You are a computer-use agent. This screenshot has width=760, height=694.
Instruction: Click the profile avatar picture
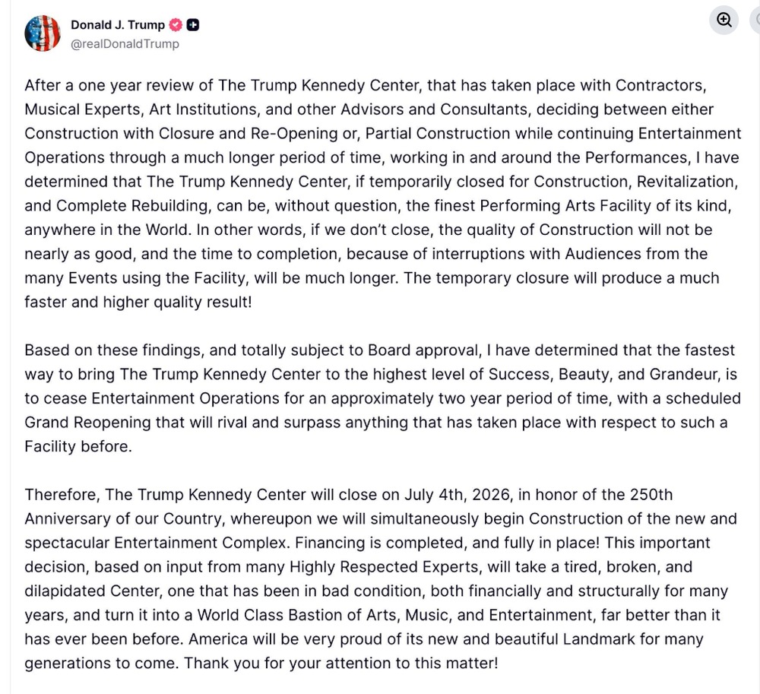click(x=43, y=33)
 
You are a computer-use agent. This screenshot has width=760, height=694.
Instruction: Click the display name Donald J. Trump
click(x=117, y=25)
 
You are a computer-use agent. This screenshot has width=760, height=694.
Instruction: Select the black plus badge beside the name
click(x=193, y=25)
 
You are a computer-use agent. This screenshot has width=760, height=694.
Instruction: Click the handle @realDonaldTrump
click(x=125, y=44)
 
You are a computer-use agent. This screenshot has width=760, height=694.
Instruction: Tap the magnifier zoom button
click(x=724, y=21)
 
